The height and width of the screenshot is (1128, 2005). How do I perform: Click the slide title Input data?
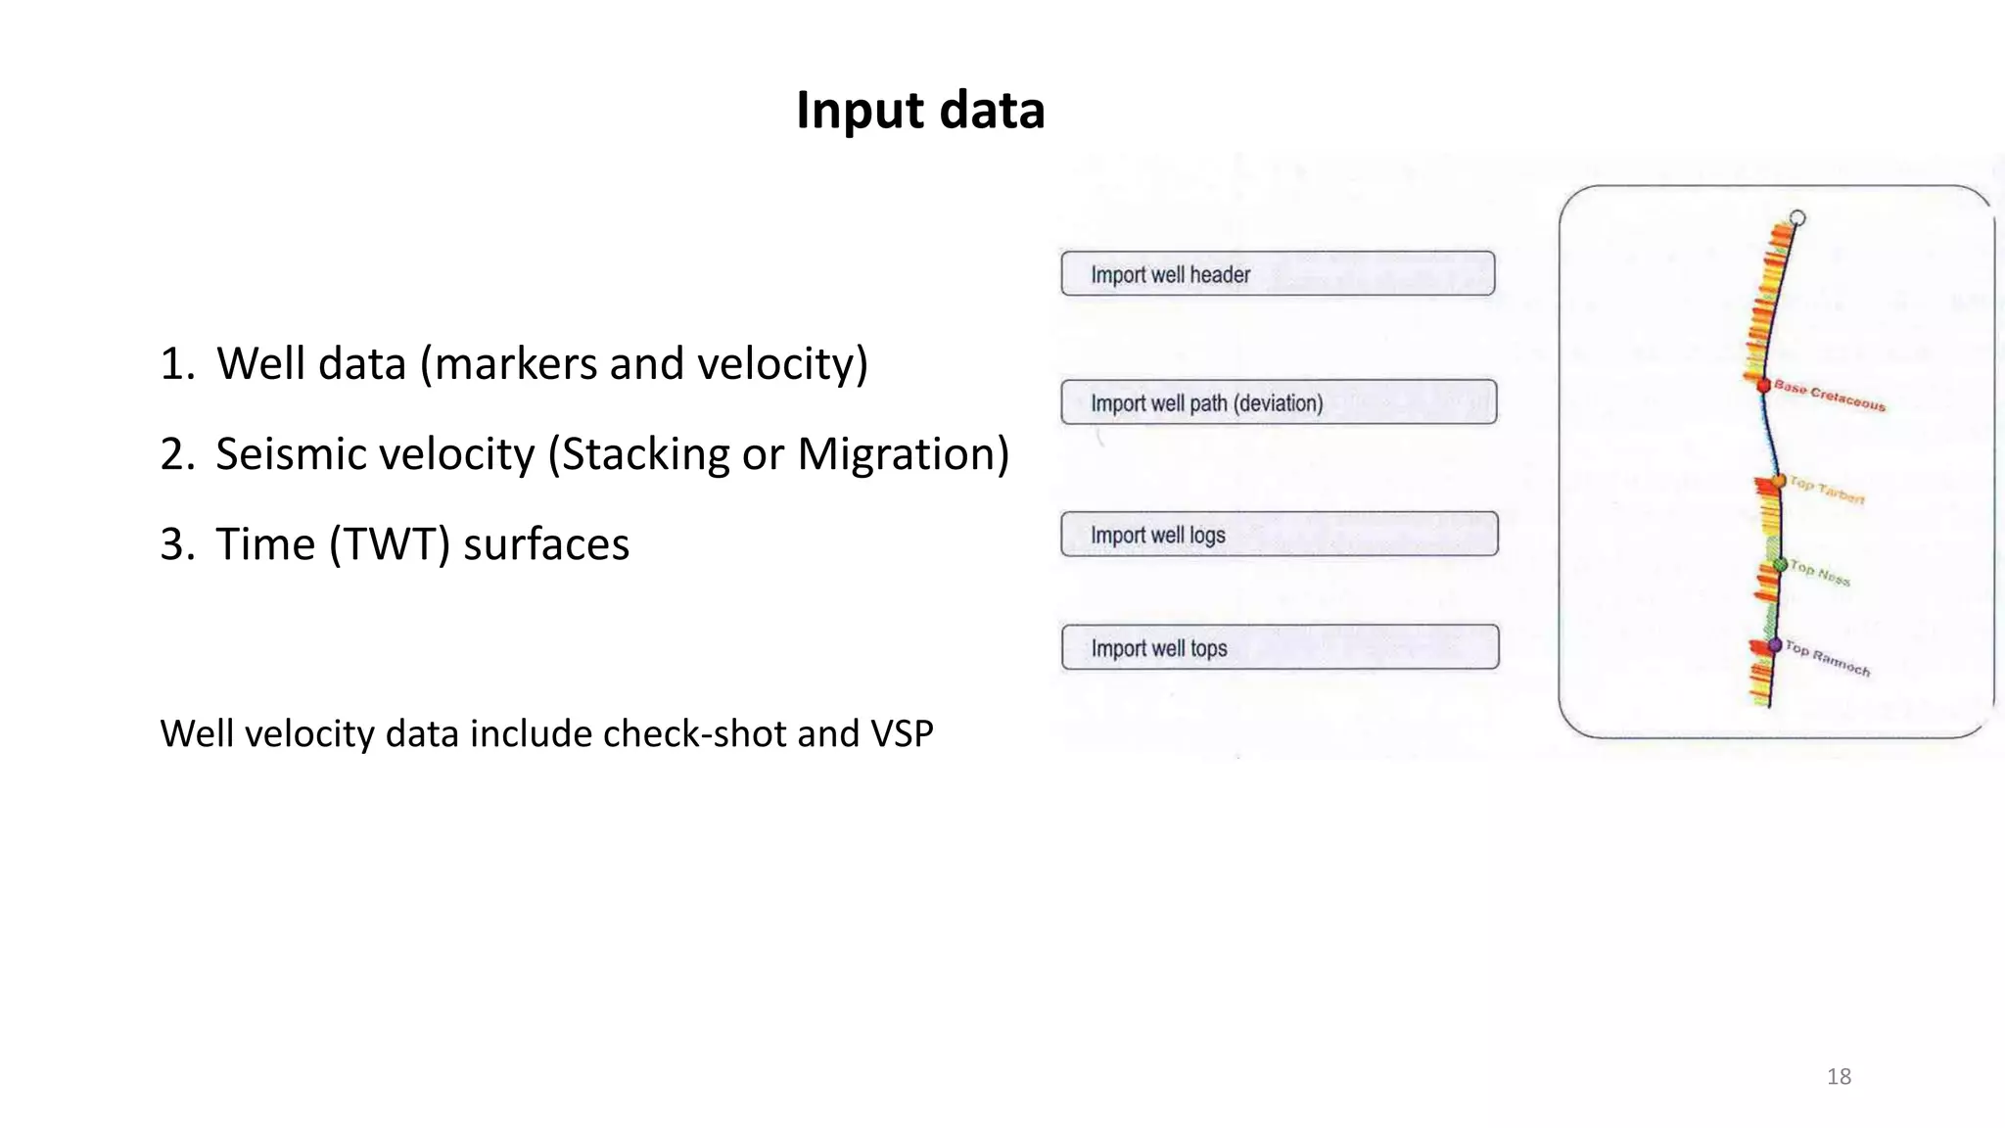pyautogui.click(x=920, y=110)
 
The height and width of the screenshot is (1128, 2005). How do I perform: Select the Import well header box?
pyautogui.click(x=1278, y=274)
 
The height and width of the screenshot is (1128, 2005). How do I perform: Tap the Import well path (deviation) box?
pyautogui.click(x=1279, y=402)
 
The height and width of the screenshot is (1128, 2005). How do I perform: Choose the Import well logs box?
pyautogui.click(x=1280, y=535)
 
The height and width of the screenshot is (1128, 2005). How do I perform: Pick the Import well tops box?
pyautogui.click(x=1280, y=647)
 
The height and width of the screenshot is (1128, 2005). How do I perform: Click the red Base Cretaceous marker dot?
pyautogui.click(x=1764, y=386)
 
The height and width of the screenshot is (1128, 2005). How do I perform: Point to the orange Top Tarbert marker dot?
pyautogui.click(x=1778, y=481)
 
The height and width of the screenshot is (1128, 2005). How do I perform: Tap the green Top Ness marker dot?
pyautogui.click(x=1781, y=565)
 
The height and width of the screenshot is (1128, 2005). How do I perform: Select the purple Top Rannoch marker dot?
pyautogui.click(x=1775, y=645)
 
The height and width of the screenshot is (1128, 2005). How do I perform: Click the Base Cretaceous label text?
pyautogui.click(x=1830, y=396)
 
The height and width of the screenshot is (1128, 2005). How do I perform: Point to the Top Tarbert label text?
pyautogui.click(x=1827, y=490)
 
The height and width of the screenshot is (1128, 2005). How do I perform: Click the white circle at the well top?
pyautogui.click(x=1797, y=218)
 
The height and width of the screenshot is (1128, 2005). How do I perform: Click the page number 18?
pyautogui.click(x=1839, y=1077)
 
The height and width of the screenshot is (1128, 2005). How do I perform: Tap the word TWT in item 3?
pyautogui.click(x=390, y=544)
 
